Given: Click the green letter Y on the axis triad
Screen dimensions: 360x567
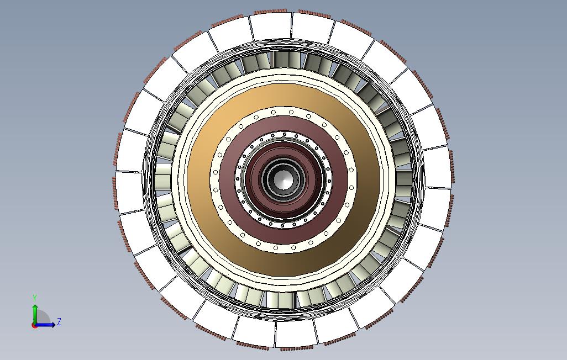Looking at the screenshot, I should (35, 298).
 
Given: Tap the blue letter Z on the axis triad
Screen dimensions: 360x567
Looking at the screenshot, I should (59, 321).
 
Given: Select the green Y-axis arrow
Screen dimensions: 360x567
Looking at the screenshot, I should (35, 312).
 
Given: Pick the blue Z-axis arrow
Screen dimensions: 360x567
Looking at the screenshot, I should (48, 325).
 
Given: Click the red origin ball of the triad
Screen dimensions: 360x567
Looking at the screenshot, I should (34, 325).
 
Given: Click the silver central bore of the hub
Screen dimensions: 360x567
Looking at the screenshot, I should (283, 179).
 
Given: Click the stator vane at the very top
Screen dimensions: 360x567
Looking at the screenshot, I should (283, 59).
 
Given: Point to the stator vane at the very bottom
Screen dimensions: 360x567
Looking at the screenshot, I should (283, 300).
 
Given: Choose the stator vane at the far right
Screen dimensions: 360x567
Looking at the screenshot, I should (405, 179).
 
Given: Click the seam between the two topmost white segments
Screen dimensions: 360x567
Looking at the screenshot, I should (291, 25).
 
